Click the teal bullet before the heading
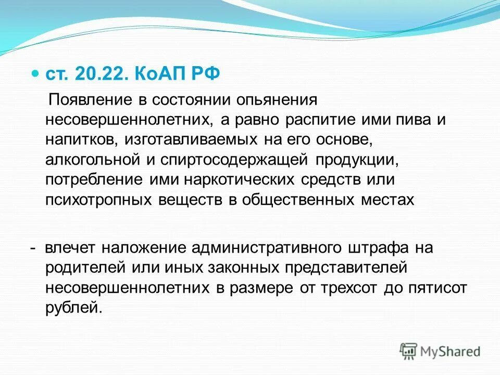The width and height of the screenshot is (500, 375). coord(35,74)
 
